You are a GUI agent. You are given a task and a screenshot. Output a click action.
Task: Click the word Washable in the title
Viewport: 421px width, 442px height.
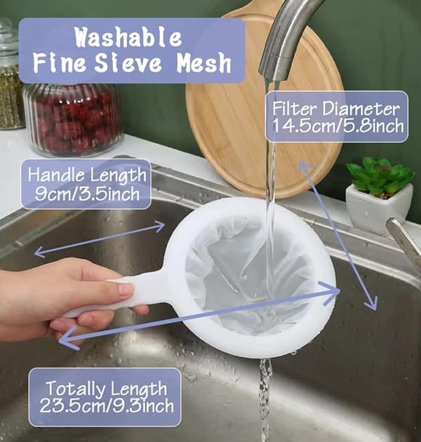(x=128, y=37)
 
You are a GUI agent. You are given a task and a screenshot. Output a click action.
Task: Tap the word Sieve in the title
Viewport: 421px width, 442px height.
(x=128, y=62)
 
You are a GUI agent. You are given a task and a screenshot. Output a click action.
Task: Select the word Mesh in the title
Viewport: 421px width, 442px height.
(x=204, y=62)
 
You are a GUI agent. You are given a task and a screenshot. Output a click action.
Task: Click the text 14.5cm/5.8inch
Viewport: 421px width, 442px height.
(x=338, y=126)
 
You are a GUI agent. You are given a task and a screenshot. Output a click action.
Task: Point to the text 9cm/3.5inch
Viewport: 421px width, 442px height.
(x=87, y=194)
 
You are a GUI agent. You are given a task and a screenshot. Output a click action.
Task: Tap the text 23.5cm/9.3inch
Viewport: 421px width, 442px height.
(x=107, y=406)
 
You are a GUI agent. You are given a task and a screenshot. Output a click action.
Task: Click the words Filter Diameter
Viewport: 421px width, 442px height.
(x=336, y=109)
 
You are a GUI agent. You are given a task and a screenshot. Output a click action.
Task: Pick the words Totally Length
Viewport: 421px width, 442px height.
(x=107, y=389)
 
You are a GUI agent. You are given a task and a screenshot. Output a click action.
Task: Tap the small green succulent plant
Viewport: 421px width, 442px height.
(x=380, y=177)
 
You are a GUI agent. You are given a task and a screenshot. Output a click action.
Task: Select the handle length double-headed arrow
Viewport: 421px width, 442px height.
(x=100, y=239)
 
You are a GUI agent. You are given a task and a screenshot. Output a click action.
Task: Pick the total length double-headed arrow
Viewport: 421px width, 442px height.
(x=200, y=315)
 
